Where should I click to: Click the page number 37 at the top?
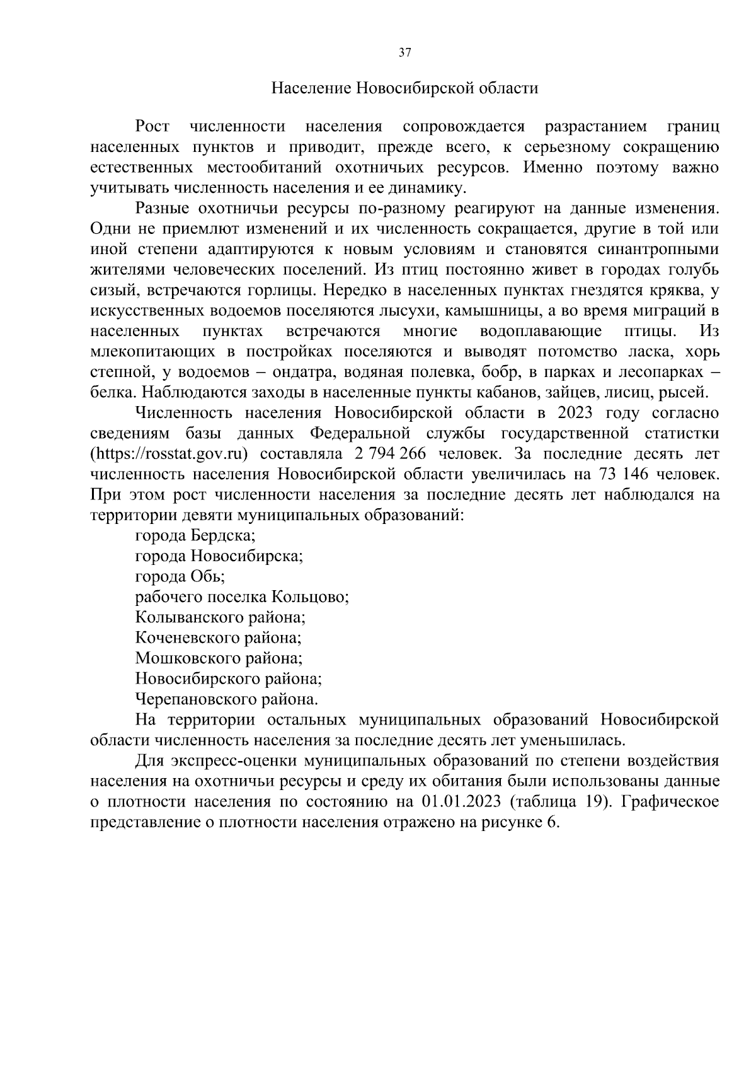(404, 53)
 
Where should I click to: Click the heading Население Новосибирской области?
(404, 88)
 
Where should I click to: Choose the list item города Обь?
(180, 576)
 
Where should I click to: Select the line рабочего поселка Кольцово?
(243, 596)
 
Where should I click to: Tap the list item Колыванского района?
(220, 617)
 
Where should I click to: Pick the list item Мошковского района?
(219, 658)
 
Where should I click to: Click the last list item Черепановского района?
(227, 699)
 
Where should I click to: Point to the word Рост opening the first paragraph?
(152, 127)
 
